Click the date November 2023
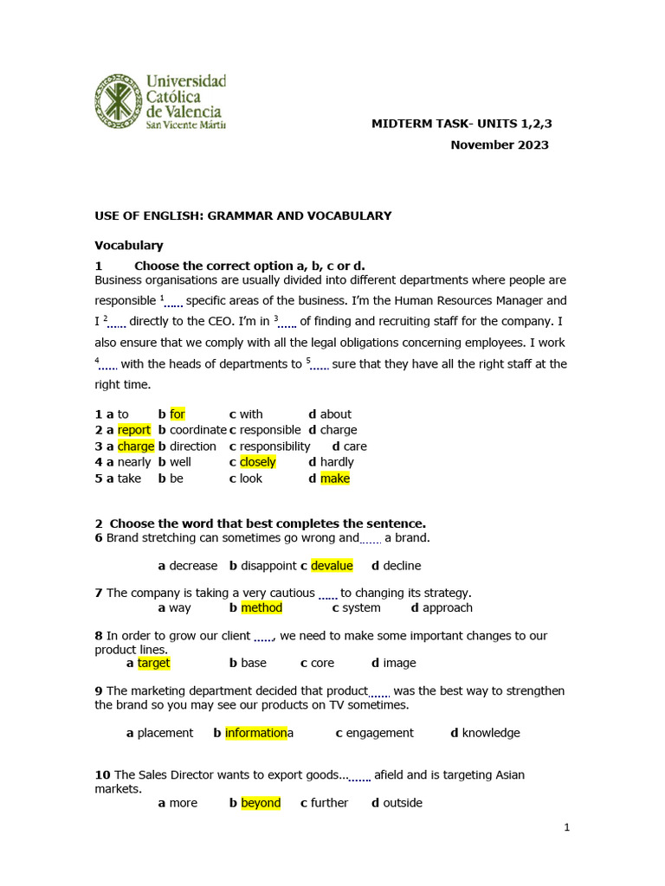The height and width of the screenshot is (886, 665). tap(499, 145)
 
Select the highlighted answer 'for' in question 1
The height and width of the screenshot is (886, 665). tap(178, 414)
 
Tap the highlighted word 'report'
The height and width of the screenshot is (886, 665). tap(134, 430)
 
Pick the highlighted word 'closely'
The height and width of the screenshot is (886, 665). tap(258, 462)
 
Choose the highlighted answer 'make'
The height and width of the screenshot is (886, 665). tap(335, 478)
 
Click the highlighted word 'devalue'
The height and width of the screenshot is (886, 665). tap(332, 566)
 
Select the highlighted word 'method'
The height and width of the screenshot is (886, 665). tap(261, 608)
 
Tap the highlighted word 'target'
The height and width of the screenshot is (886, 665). tap(154, 663)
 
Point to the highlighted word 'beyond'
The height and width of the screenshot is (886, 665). tap(261, 803)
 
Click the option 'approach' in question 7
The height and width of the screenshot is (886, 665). tap(448, 608)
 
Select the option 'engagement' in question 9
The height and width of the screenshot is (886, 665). tap(380, 733)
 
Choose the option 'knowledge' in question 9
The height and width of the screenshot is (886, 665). tap(491, 733)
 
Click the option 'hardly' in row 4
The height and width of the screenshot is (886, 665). tap(337, 462)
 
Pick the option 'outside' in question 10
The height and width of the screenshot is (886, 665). tap(403, 803)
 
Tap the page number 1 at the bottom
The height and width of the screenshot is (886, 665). tap(567, 827)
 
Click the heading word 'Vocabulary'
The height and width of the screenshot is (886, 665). tap(129, 246)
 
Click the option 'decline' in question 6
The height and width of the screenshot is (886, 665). tap(402, 566)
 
